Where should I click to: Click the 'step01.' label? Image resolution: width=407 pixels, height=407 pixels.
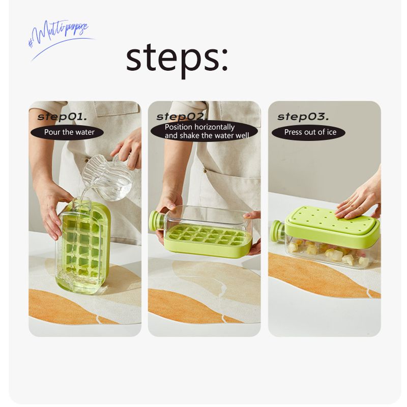pos(62,117)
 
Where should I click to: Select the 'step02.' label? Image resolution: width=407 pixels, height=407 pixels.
pos(182,117)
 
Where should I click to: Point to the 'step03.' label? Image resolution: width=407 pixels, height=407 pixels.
pos(303,117)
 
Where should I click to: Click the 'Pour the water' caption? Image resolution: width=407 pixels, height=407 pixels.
pos(69,132)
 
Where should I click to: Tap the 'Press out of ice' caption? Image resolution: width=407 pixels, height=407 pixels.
pos(310,132)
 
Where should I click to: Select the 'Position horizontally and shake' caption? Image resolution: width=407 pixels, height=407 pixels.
pos(207,131)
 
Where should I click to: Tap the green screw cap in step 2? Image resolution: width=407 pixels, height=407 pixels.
pos(157,221)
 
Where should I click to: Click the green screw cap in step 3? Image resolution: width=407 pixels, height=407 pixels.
pos(277,230)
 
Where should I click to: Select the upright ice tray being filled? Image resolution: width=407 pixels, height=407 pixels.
pos(83,247)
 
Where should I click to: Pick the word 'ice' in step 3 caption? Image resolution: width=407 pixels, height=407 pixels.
pos(332,132)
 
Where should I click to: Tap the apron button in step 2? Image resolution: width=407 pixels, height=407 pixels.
pos(205,171)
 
